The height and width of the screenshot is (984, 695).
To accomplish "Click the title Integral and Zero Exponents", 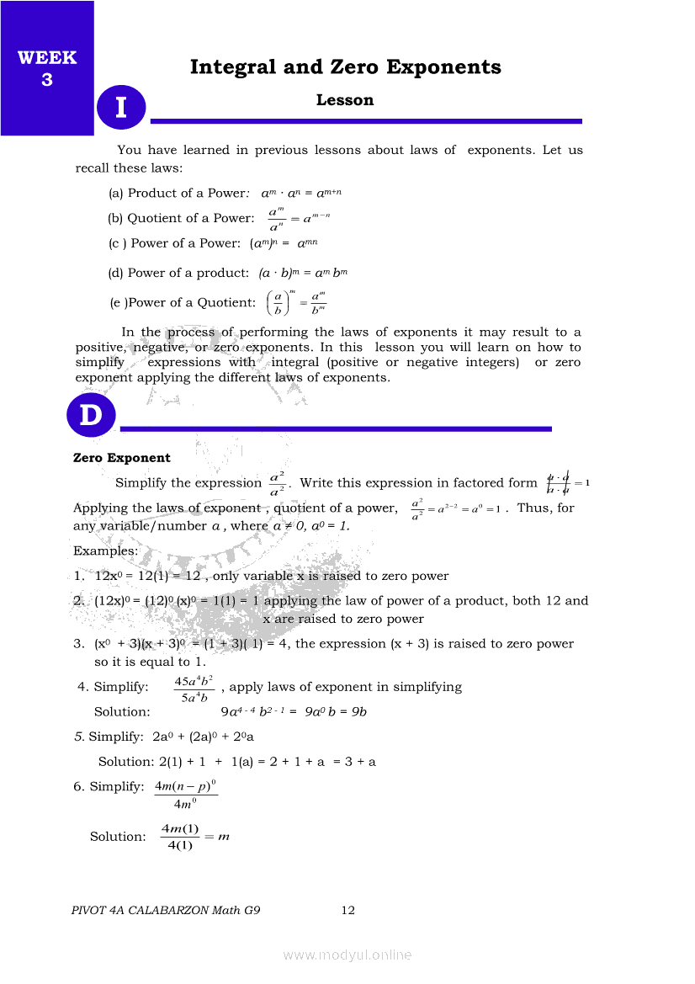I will pyautogui.click(x=345, y=67).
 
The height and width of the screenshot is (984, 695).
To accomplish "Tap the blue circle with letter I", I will pyautogui.click(x=121, y=108).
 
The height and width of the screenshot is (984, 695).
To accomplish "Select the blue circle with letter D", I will pyautogui.click(x=91, y=416).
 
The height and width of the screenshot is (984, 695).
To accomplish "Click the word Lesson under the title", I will pyautogui.click(x=345, y=100).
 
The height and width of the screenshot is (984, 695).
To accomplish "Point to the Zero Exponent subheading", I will pyautogui.click(x=122, y=458).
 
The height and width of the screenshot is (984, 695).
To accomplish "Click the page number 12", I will pyautogui.click(x=348, y=910).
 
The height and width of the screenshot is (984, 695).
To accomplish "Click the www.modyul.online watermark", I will pyautogui.click(x=347, y=955).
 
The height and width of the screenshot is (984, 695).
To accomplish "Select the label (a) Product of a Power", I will pyautogui.click(x=177, y=193).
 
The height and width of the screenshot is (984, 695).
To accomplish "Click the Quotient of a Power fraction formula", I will pyautogui.click(x=299, y=219).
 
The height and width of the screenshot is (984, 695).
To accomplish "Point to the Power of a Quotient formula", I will pyautogui.click(x=295, y=302).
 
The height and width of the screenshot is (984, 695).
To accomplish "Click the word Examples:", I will pyautogui.click(x=105, y=551).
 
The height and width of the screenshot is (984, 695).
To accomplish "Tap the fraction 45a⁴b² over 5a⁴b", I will pyautogui.click(x=193, y=688).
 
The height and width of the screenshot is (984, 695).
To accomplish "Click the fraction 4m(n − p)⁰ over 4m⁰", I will pyautogui.click(x=186, y=794).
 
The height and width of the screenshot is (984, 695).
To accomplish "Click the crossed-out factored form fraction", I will pyautogui.click(x=558, y=483).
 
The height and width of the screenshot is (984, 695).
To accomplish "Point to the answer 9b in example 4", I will pyautogui.click(x=359, y=711).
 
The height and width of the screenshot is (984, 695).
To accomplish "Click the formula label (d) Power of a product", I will pyautogui.click(x=178, y=273).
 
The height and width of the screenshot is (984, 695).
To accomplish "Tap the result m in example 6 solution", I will pyautogui.click(x=224, y=836).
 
